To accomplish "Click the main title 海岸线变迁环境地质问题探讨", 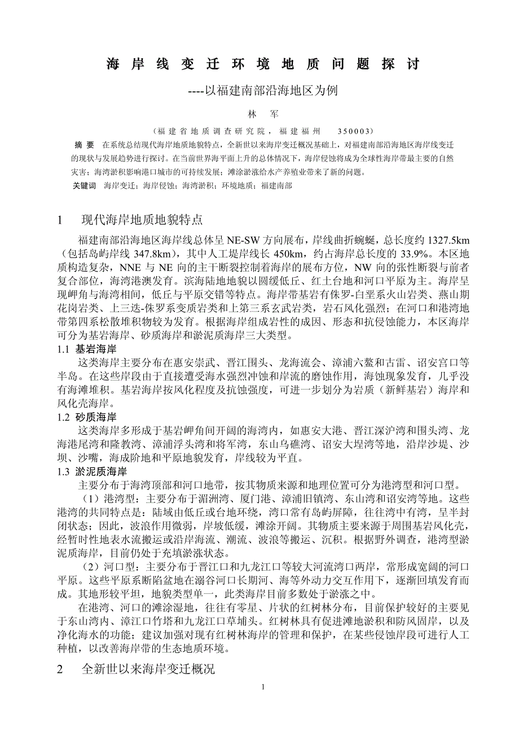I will (263, 64).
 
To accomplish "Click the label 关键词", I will (85, 185).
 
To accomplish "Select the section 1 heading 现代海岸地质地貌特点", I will (142, 219).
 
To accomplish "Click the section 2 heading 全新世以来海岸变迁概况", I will (148, 670).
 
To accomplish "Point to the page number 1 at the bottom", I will (263, 687).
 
